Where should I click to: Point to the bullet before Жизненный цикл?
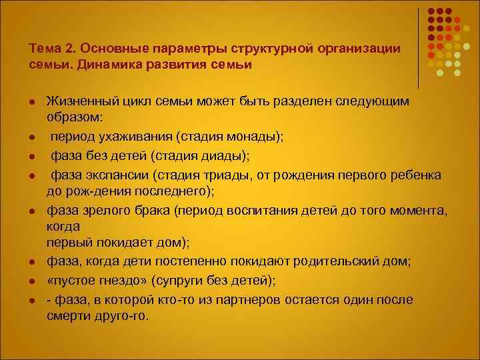[31, 101]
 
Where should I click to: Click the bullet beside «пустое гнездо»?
[31, 280]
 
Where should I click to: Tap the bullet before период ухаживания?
[31, 138]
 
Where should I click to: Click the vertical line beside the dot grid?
[419, 48]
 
